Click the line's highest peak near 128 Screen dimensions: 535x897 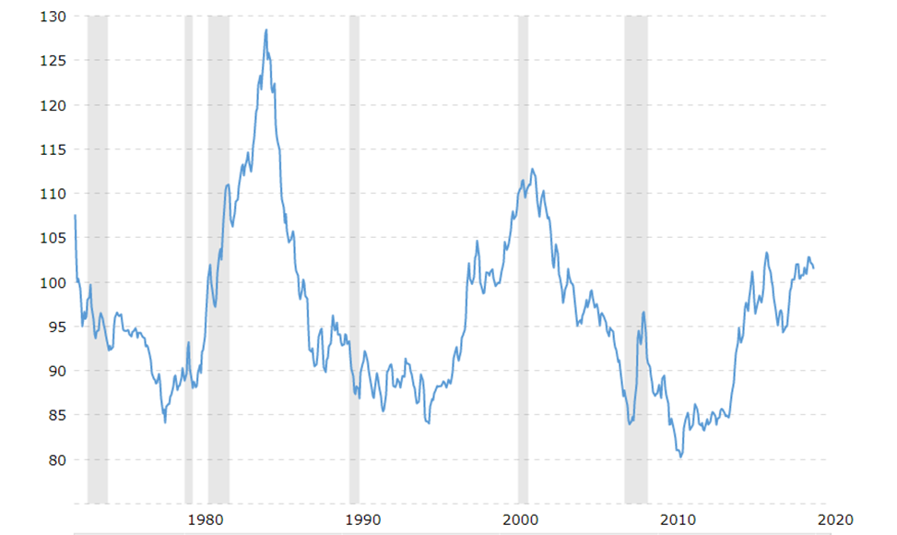pos(266,30)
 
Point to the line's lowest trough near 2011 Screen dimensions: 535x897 pos(680,457)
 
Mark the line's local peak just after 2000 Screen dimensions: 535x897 pos(533,169)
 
